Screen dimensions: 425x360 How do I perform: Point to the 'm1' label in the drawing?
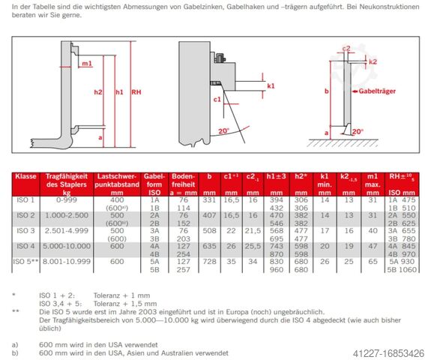pyautogui.click(x=87, y=63)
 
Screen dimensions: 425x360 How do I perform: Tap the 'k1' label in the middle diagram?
pyautogui.click(x=271, y=86)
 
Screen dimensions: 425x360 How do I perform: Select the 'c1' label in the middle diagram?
pyautogui.click(x=217, y=99)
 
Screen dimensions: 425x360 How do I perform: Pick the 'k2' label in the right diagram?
pyautogui.click(x=373, y=61)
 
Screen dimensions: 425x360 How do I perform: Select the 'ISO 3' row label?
pyautogui.click(x=26, y=232)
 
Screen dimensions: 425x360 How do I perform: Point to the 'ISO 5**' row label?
pyautogui.click(x=27, y=259)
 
